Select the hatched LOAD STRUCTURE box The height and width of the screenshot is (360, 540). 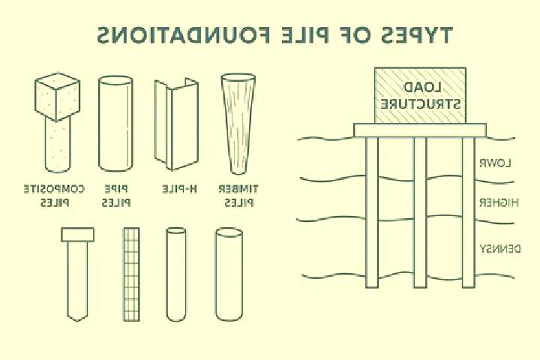click(x=420, y=95)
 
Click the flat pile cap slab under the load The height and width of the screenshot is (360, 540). click(x=420, y=130)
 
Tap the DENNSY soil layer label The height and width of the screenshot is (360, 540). click(x=501, y=249)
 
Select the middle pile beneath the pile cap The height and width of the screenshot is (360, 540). click(x=420, y=211)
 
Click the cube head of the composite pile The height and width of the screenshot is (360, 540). click(x=58, y=97)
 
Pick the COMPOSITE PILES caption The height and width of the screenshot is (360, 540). click(x=54, y=196)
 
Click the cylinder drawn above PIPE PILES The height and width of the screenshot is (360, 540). click(x=115, y=124)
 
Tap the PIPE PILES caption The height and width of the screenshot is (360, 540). click(x=116, y=196)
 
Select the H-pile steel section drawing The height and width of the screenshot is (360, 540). click(x=176, y=124)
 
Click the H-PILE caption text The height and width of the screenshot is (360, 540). click(x=179, y=189)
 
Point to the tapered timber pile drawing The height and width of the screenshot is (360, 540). click(x=238, y=123)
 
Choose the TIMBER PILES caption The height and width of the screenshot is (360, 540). click(x=238, y=196)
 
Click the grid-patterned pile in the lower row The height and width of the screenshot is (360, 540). click(x=131, y=274)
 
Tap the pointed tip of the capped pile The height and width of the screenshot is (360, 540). click(x=77, y=320)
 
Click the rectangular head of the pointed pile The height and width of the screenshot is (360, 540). click(x=77, y=235)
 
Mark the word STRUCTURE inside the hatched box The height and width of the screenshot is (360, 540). click(x=420, y=103)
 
